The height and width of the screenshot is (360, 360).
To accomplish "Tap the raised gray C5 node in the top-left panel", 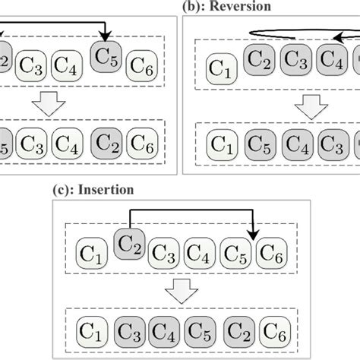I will (104, 56).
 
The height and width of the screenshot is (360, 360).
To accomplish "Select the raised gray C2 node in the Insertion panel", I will (129, 244).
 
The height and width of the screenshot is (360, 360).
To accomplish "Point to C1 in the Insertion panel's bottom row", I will (92, 332).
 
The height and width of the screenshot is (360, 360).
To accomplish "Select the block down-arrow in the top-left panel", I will (48, 105).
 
